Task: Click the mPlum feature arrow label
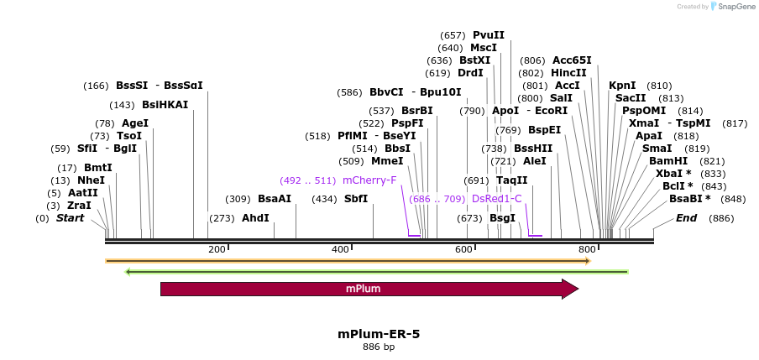(x=364, y=290)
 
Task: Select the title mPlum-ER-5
(x=379, y=333)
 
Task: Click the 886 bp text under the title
(x=379, y=347)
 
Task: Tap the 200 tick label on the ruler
(x=217, y=249)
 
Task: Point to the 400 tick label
(x=340, y=249)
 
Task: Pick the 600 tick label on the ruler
(x=464, y=249)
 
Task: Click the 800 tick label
(x=587, y=249)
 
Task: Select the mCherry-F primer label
(x=369, y=180)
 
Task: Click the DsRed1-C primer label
(x=497, y=199)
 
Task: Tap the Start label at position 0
(x=71, y=218)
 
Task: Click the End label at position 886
(x=686, y=218)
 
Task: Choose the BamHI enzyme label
(x=668, y=160)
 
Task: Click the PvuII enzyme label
(x=489, y=35)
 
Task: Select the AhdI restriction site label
(x=255, y=218)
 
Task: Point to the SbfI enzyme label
(x=351, y=199)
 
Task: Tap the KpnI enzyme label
(x=622, y=86)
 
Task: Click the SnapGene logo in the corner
(x=732, y=7)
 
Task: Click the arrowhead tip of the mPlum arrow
(x=578, y=290)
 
